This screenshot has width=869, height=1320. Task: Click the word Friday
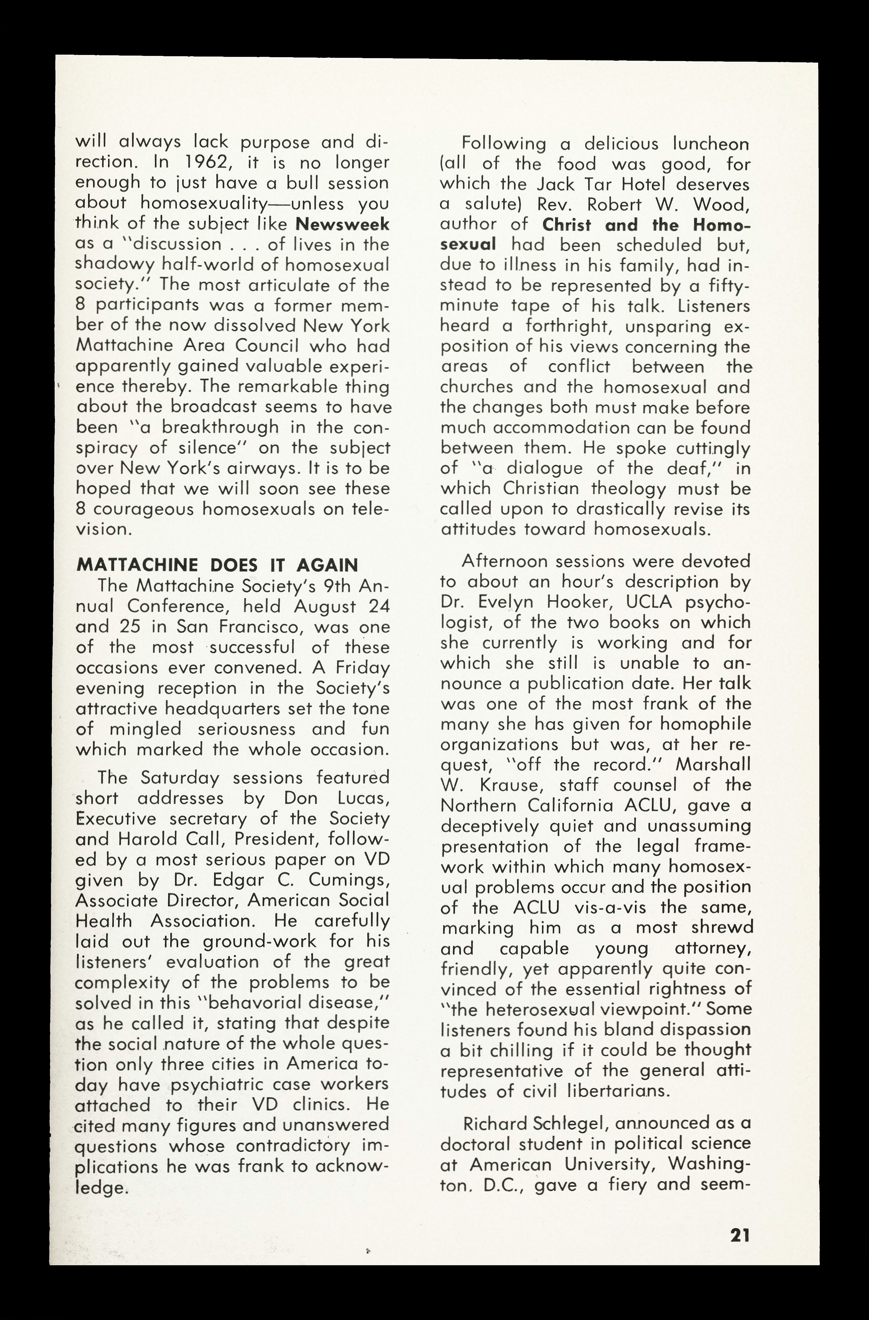click(x=361, y=668)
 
